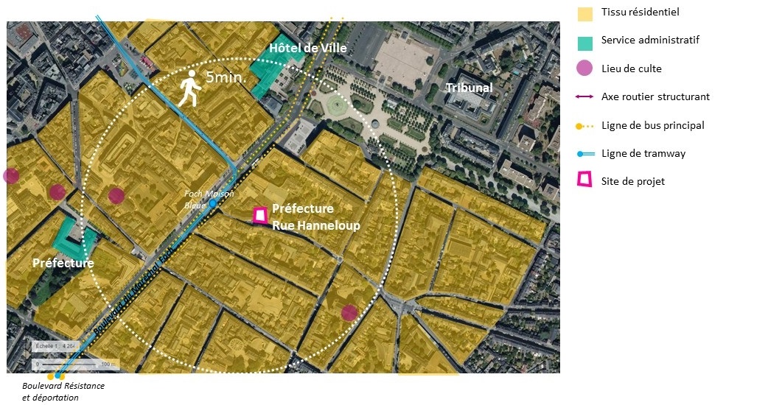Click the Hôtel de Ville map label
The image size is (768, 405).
tap(307, 49)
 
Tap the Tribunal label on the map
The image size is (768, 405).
tap(469, 88)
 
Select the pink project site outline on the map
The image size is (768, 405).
tap(259, 215)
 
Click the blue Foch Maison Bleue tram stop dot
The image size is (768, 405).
tap(212, 202)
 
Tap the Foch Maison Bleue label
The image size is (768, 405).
tap(209, 199)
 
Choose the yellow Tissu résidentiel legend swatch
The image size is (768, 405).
tap(584, 13)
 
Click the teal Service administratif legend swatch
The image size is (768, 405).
tap(584, 41)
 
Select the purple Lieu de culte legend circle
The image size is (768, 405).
tap(584, 69)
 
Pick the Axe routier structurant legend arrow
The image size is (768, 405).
tap(584, 97)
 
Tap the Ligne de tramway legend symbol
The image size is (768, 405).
tap(584, 154)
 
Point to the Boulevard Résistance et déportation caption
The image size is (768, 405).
tap(63, 392)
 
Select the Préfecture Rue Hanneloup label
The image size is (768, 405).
tap(315, 217)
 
